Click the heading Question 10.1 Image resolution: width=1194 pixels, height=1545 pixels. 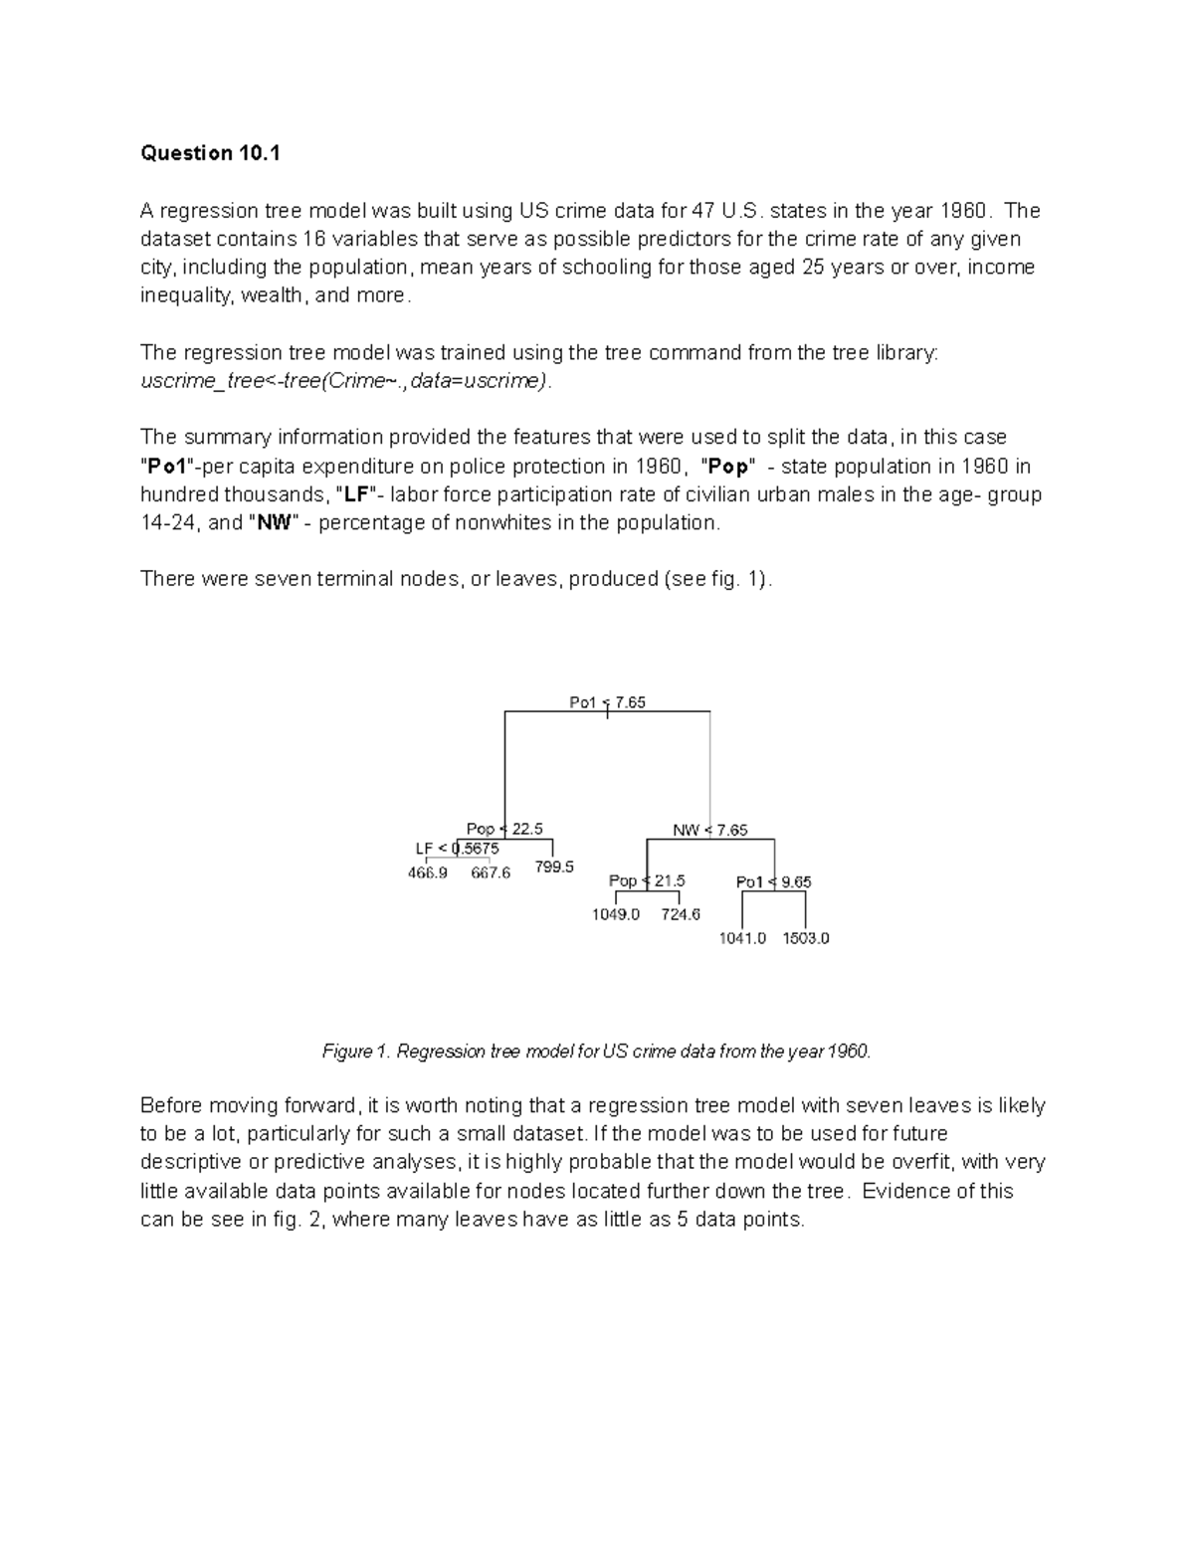[211, 153]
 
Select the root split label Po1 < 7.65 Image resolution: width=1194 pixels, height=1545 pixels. [607, 702]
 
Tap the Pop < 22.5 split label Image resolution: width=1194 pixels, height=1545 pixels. [504, 829]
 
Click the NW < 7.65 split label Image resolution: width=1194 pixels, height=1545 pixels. [709, 830]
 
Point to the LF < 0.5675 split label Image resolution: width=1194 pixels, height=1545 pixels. [457, 849]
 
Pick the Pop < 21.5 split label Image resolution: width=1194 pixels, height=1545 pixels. [646, 880]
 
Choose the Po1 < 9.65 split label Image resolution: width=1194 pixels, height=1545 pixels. [773, 881]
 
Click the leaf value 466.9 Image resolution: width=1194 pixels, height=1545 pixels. [428, 872]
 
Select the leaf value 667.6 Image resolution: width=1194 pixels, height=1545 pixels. [491, 872]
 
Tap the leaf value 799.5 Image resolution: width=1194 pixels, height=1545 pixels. [554, 867]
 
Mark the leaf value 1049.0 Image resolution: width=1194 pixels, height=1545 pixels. [616, 914]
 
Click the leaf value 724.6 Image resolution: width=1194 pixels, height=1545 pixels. [681, 914]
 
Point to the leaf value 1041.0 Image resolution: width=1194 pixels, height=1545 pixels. [742, 938]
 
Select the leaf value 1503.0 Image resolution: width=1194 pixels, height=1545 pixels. [806, 938]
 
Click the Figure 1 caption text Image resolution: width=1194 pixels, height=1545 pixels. [596, 1052]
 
